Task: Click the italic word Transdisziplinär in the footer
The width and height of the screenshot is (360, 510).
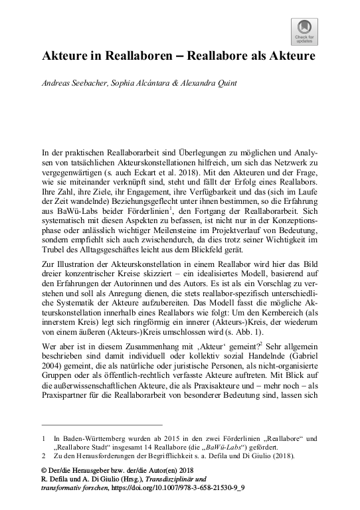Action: click(x=172, y=479)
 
